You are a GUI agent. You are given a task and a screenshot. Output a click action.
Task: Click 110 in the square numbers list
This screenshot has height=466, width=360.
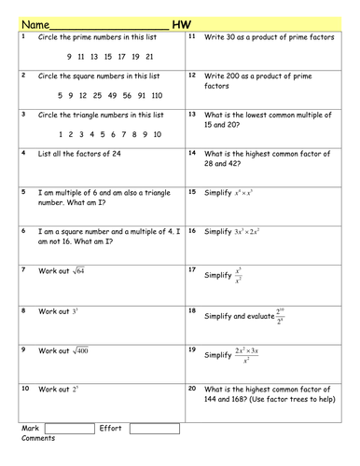coord(155,94)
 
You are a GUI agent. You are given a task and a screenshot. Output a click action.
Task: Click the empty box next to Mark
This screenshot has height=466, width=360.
coord(69,428)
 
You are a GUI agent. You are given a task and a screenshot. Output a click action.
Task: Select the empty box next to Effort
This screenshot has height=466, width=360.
coord(154,428)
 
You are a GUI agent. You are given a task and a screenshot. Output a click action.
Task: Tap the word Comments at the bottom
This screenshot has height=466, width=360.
coord(39,438)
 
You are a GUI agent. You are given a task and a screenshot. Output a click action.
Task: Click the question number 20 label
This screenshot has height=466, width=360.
coord(192,387)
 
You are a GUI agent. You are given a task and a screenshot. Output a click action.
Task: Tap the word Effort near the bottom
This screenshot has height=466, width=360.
coord(110,428)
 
